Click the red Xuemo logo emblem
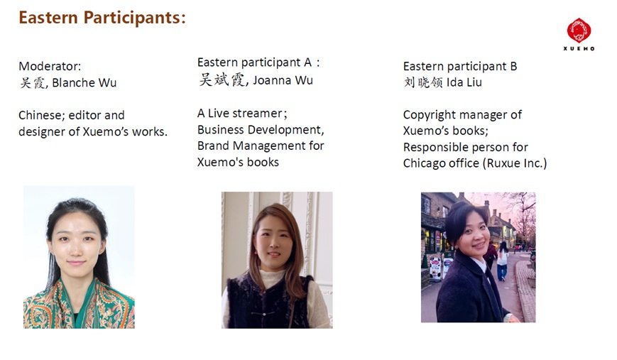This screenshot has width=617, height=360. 579,31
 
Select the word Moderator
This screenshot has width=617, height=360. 50,66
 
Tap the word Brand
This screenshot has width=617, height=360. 213,146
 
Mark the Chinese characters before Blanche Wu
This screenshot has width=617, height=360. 33,82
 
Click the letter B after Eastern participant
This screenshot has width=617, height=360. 513,66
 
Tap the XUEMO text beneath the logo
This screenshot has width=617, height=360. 579,48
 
